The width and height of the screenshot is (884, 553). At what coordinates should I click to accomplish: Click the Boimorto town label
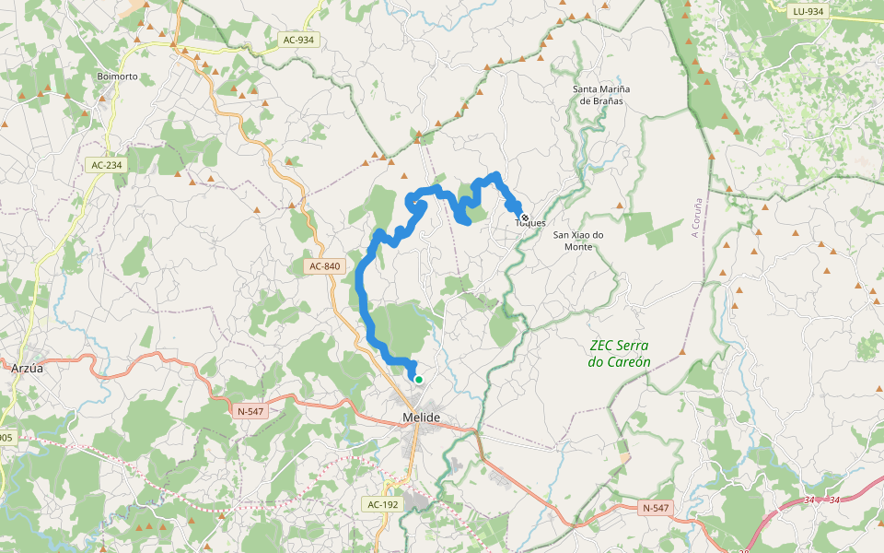117,76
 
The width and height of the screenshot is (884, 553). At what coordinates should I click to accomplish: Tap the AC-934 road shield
298,40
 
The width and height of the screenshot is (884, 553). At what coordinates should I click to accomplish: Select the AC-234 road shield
107,165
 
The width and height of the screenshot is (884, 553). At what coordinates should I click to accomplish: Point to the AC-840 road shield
325,266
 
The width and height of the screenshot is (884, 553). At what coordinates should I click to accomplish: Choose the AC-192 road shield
382,504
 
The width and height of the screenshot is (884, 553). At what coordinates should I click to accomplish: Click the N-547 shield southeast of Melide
656,508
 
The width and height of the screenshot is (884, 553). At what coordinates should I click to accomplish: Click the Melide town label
422,418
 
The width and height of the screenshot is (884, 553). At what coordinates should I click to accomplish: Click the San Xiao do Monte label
578,241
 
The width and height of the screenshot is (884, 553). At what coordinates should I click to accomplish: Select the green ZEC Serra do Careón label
619,354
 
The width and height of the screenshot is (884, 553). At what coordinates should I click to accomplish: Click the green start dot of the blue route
418,379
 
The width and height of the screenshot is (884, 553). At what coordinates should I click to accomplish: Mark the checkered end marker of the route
524,218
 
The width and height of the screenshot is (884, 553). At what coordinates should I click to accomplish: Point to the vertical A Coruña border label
697,218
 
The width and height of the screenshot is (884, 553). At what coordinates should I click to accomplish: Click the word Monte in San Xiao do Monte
578,247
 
